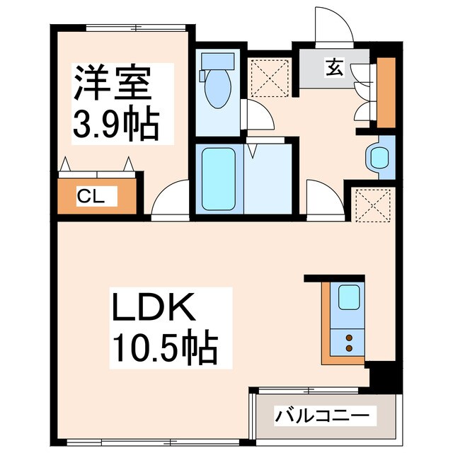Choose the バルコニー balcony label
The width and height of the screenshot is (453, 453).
[322, 414]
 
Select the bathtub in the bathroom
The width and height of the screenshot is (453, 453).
[218, 178]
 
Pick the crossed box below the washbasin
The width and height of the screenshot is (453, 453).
[372, 205]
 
